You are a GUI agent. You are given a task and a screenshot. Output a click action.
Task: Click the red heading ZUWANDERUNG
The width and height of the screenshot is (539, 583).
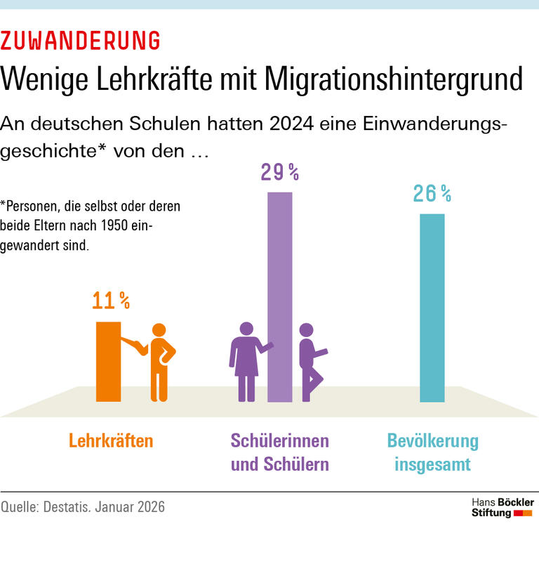tap(80, 40)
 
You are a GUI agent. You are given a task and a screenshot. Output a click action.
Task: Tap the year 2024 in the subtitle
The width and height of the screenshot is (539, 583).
tap(310, 123)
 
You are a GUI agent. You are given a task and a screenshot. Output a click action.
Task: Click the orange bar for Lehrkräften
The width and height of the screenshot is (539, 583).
tap(109, 361)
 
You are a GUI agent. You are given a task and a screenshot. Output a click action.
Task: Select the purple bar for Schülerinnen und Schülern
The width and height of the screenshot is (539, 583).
tap(280, 296)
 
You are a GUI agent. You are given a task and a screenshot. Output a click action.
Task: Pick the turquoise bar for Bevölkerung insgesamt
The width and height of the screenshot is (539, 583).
tap(432, 307)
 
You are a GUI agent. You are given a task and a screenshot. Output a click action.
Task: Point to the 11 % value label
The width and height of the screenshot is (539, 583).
tap(111, 301)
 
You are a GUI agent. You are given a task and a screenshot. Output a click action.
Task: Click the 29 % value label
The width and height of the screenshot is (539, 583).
tap(280, 172)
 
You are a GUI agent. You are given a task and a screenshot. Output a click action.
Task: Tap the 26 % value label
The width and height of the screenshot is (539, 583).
tap(432, 193)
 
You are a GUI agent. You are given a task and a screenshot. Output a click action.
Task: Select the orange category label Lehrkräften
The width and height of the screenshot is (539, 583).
tap(111, 441)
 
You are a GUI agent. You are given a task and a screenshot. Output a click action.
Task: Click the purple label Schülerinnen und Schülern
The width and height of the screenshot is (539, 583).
tap(279, 452)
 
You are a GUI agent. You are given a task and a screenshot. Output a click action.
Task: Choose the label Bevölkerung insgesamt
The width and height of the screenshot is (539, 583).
tap(432, 452)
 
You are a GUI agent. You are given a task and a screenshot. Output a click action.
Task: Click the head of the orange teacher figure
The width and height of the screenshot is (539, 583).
tap(160, 331)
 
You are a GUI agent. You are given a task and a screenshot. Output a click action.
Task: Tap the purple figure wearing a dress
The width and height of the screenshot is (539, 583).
tap(246, 361)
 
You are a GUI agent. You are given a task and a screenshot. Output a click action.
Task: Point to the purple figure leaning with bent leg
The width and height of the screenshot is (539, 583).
tap(309, 361)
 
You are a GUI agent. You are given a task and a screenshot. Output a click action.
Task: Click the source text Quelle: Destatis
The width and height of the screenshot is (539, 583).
tap(83, 506)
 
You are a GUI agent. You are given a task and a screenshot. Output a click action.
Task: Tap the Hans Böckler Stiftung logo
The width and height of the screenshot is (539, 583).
tap(502, 507)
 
